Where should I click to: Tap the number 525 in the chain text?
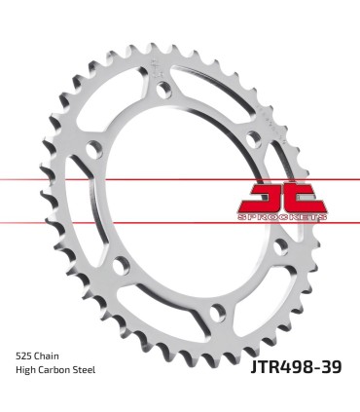(26, 356)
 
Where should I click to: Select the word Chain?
(54, 356)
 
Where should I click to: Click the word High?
(28, 371)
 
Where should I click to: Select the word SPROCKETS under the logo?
(283, 216)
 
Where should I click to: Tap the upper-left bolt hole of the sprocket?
(95, 148)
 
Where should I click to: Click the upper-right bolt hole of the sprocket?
(251, 121)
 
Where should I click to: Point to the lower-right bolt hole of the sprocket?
(274, 243)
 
